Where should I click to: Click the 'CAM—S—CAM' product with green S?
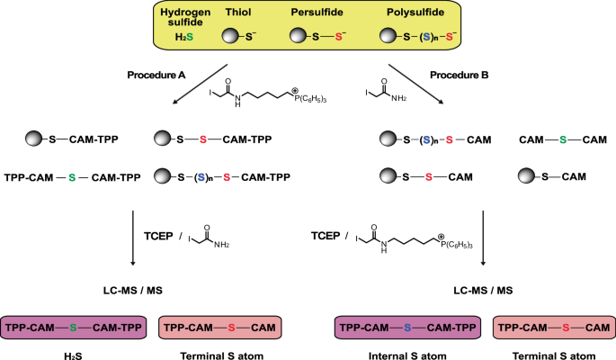point(562,139)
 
